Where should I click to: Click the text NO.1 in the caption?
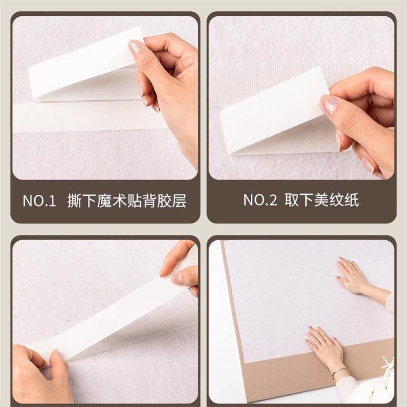click(40, 201)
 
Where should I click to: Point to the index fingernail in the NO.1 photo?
click(135, 46)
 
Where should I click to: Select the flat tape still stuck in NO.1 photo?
click(88, 118)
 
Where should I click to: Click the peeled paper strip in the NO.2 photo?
click(273, 111)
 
